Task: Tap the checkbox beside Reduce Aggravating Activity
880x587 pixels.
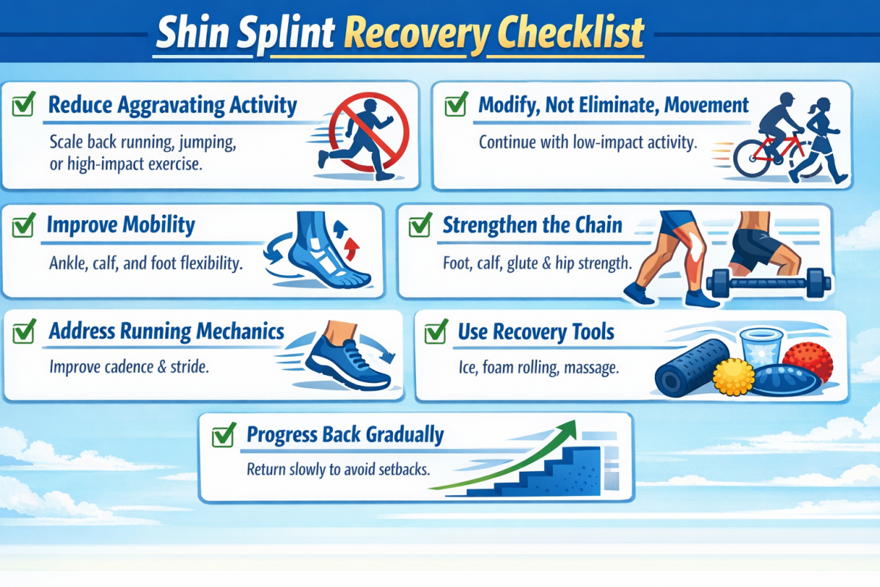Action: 23,106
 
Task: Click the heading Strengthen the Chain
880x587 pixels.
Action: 532,225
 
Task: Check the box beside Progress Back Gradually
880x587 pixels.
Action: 221,437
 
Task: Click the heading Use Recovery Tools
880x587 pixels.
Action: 536,332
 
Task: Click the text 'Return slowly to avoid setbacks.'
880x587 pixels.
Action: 337,469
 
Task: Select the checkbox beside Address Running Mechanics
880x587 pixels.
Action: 24,332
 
